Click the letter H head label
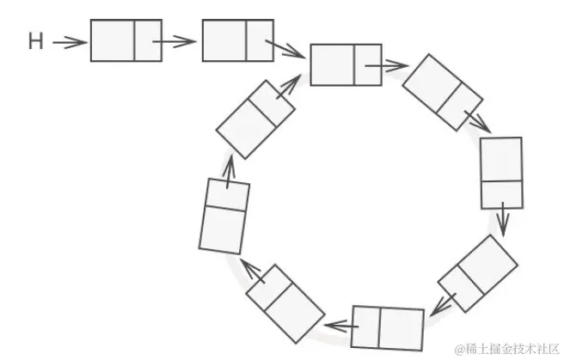(35, 41)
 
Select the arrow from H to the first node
(70, 41)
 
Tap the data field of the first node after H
(113, 40)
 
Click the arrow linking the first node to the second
(178, 40)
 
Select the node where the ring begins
(346, 64)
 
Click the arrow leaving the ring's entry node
(394, 65)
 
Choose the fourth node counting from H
(443, 92)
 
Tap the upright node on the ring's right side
(501, 173)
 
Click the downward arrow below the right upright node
(505, 223)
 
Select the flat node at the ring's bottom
(388, 327)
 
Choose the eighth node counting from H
(285, 303)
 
